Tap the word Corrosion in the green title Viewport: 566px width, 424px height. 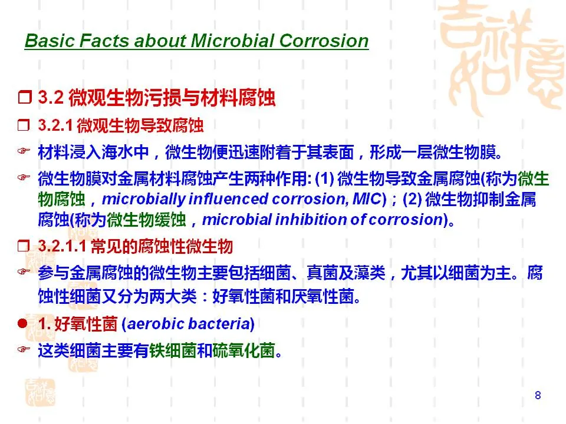[x=324, y=41]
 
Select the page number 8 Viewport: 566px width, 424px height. [x=538, y=395]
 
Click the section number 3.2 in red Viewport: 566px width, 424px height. [x=51, y=97]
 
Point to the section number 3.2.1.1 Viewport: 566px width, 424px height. [x=62, y=246]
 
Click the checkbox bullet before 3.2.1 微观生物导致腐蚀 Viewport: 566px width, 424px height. [x=24, y=125]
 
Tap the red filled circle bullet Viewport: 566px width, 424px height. [x=22, y=323]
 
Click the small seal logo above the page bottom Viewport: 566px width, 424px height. [x=40, y=392]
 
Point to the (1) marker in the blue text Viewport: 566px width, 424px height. [x=324, y=178]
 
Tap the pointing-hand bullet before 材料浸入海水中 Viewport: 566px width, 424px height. [x=24, y=151]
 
